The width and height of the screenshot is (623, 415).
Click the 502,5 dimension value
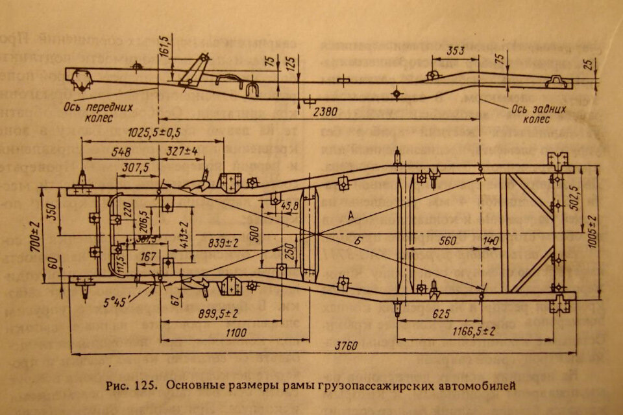pyautogui.click(x=573, y=201)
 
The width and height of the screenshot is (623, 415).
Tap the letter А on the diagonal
pyautogui.click(x=351, y=214)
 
